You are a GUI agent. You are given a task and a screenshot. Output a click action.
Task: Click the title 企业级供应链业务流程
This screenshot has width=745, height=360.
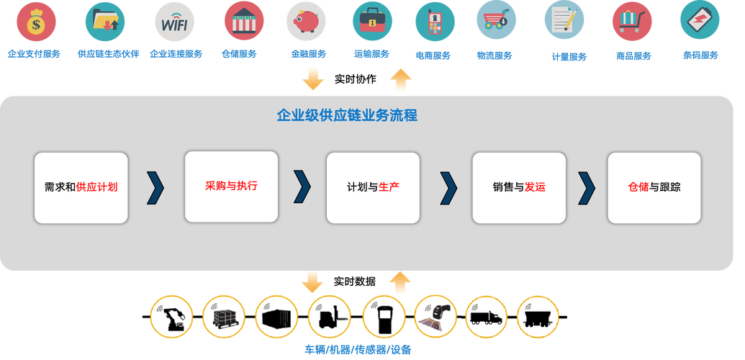click(x=347, y=115)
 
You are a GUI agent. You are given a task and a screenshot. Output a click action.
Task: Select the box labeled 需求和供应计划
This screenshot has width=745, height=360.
click(x=81, y=187)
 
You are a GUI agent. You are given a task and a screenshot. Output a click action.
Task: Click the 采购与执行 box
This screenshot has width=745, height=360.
click(x=231, y=186)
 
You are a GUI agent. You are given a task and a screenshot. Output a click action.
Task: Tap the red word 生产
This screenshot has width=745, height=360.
click(x=389, y=187)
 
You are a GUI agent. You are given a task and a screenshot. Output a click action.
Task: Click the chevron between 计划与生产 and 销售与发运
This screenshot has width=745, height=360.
click(x=448, y=187)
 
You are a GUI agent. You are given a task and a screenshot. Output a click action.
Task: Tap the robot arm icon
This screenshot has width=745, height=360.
click(x=172, y=317)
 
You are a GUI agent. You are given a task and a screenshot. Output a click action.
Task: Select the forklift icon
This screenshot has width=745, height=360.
click(x=330, y=317)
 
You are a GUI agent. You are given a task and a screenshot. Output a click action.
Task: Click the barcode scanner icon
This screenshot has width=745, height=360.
click(x=435, y=317)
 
